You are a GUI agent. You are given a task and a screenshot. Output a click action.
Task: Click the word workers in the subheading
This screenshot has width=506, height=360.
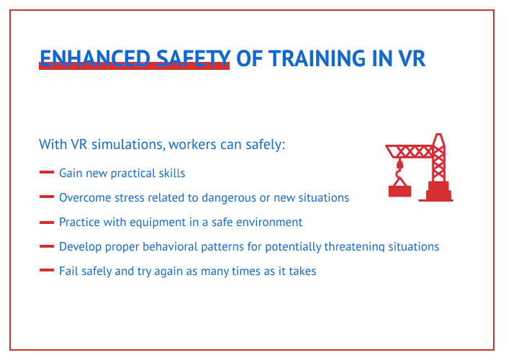[x=192, y=145]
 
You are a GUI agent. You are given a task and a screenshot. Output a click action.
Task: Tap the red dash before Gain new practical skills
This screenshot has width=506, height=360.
[x=47, y=173]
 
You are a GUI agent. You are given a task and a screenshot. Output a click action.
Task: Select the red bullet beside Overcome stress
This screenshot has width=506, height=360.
[x=47, y=197]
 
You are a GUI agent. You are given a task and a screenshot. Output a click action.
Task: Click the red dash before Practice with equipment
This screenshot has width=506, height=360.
[x=47, y=222]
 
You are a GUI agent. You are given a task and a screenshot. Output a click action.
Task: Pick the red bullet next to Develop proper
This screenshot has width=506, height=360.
[x=47, y=246]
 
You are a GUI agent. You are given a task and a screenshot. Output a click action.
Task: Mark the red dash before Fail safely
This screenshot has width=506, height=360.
[x=47, y=271]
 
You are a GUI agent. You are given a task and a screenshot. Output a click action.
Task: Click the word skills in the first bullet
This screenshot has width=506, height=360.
[x=171, y=174]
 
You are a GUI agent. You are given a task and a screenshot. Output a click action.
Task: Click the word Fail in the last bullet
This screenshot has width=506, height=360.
[x=68, y=271]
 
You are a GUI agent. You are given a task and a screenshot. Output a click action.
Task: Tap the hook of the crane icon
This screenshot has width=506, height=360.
[x=399, y=172]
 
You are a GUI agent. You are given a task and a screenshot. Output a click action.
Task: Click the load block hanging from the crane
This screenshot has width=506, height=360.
[x=399, y=191]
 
